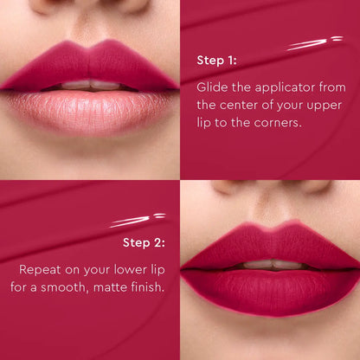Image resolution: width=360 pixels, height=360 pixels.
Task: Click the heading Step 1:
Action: (216, 61)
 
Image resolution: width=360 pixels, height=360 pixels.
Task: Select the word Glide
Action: (212, 87)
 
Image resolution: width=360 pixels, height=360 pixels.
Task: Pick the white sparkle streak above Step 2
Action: (138, 220)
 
